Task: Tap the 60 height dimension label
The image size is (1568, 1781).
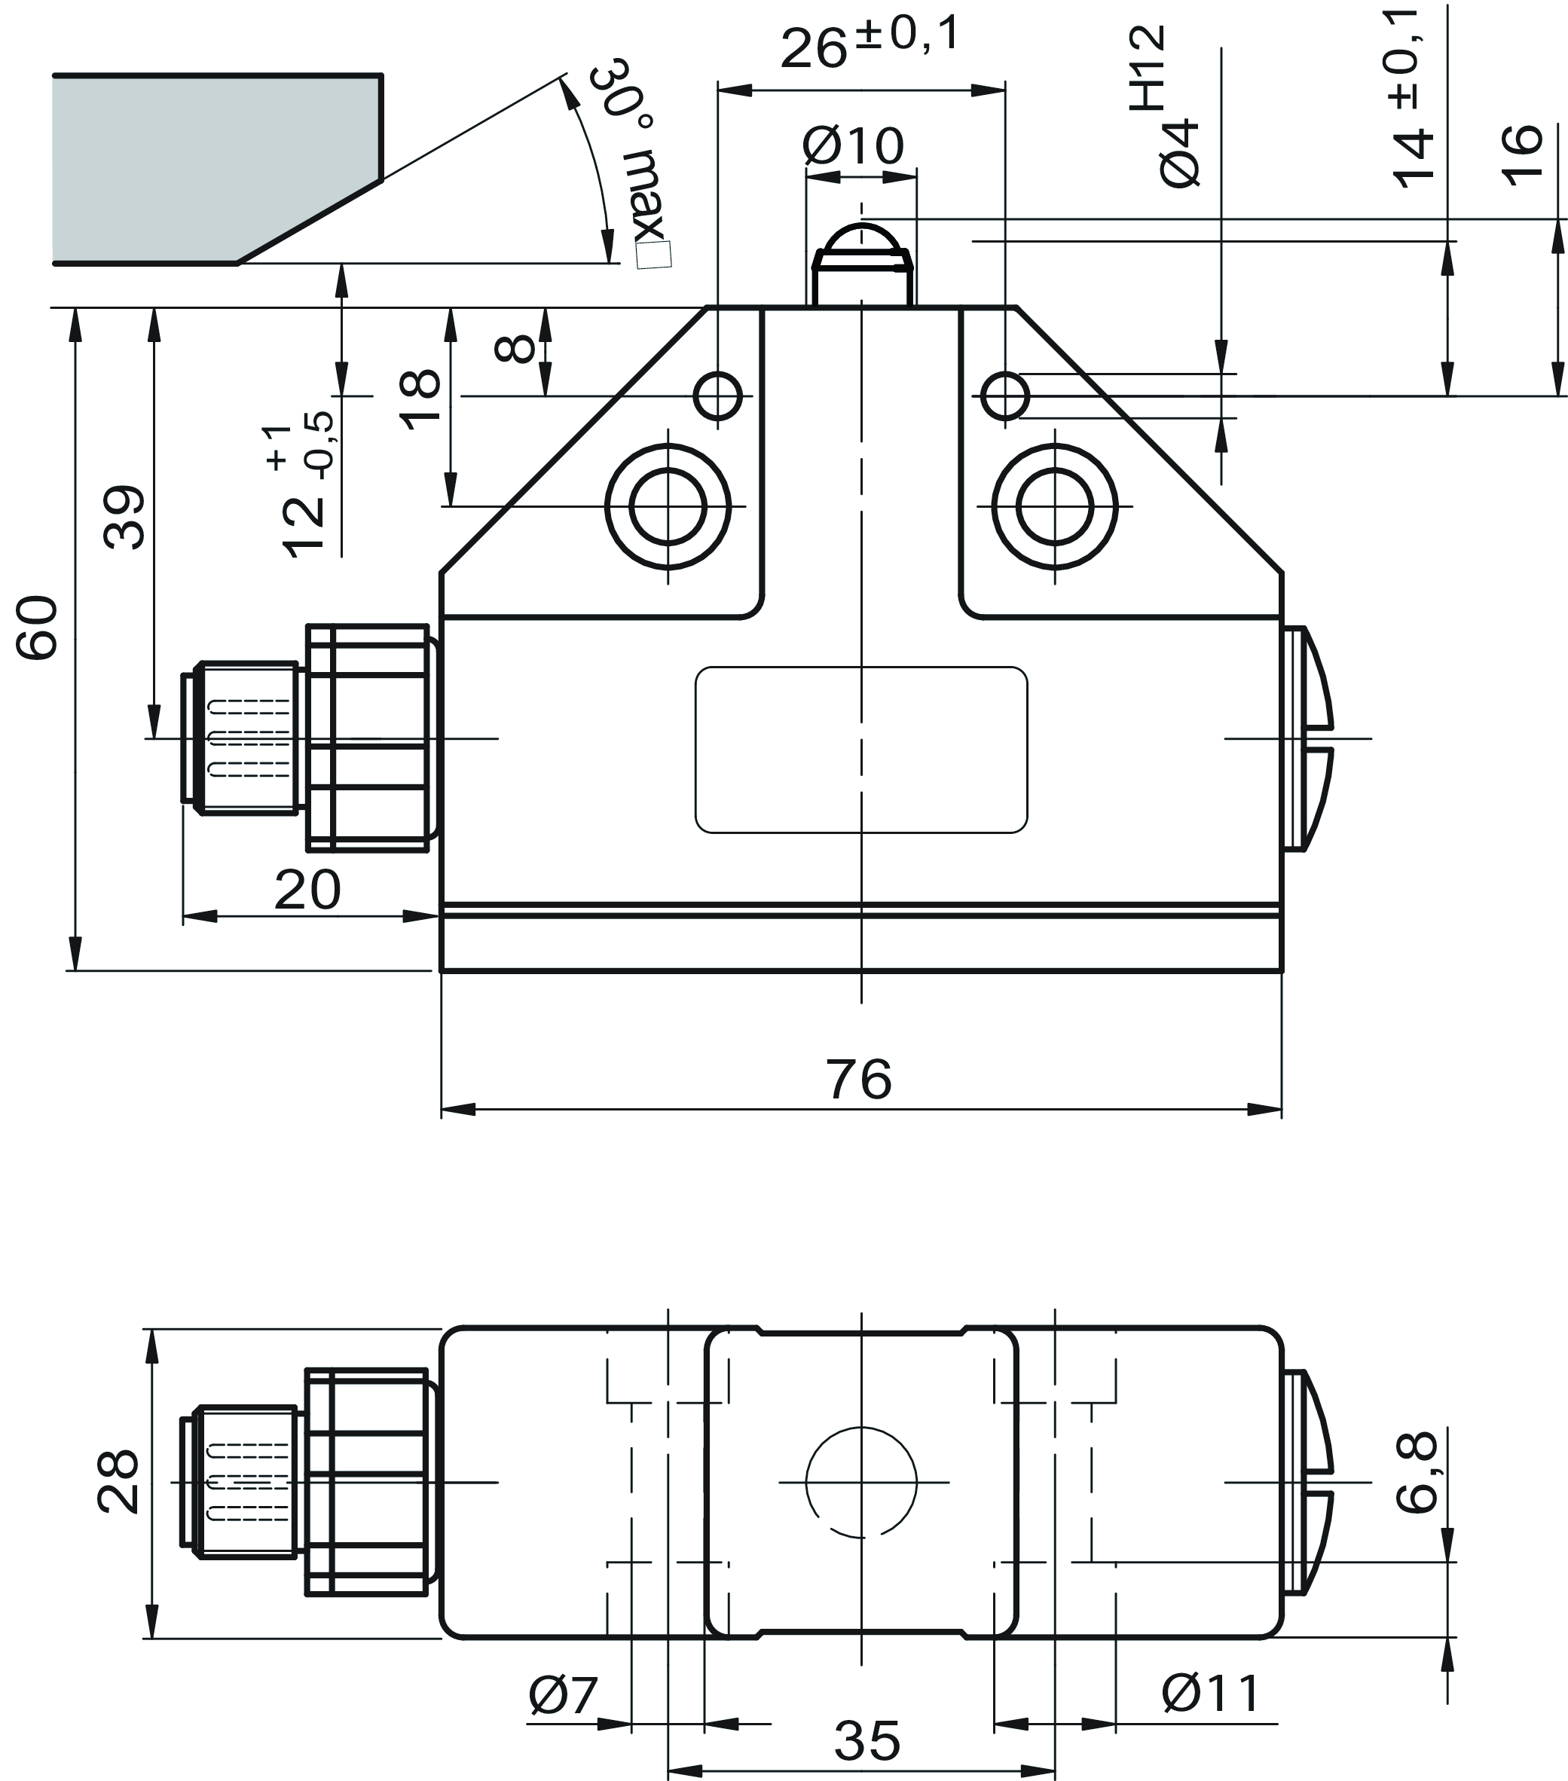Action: (x=38, y=628)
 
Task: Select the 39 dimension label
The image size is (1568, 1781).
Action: (x=124, y=517)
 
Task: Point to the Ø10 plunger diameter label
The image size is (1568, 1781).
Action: (x=853, y=145)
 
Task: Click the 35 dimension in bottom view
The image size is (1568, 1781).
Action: (x=867, y=1742)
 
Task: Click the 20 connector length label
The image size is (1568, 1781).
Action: (x=307, y=890)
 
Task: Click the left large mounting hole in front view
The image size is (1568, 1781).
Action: (x=668, y=506)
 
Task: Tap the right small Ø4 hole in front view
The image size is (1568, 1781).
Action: (x=1004, y=396)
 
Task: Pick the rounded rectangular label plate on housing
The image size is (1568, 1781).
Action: (x=861, y=750)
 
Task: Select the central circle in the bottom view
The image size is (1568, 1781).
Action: (x=861, y=1482)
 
